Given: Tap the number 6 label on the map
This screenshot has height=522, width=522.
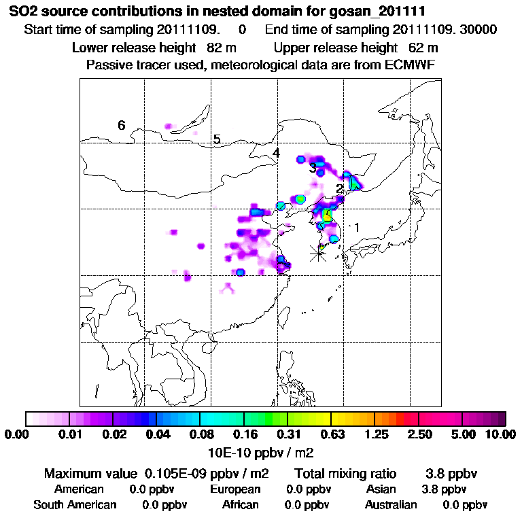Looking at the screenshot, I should pos(122,125).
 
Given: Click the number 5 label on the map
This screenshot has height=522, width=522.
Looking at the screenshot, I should pos(217,139).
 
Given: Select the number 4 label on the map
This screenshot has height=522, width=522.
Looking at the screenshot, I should pos(275,154).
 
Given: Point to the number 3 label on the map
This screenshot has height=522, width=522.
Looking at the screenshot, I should pos(312,168).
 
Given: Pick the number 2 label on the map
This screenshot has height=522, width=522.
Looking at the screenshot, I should pos(338,188).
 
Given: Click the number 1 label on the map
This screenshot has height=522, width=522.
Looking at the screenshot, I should pos(356,227).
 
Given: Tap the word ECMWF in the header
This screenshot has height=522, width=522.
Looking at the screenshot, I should pos(412,65).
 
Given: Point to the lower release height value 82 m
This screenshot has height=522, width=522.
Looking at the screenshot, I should pos(220,48).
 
